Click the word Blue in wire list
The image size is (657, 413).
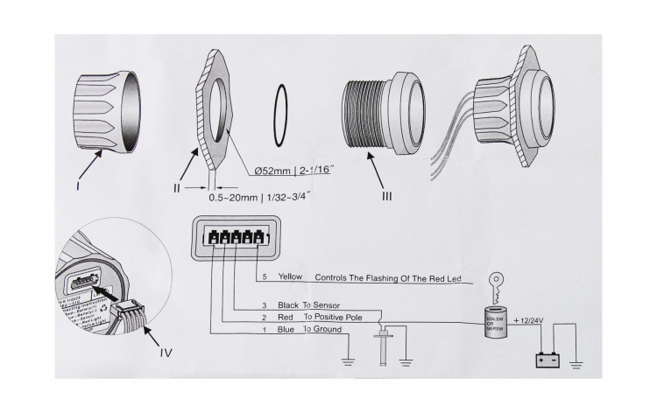[286, 330]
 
